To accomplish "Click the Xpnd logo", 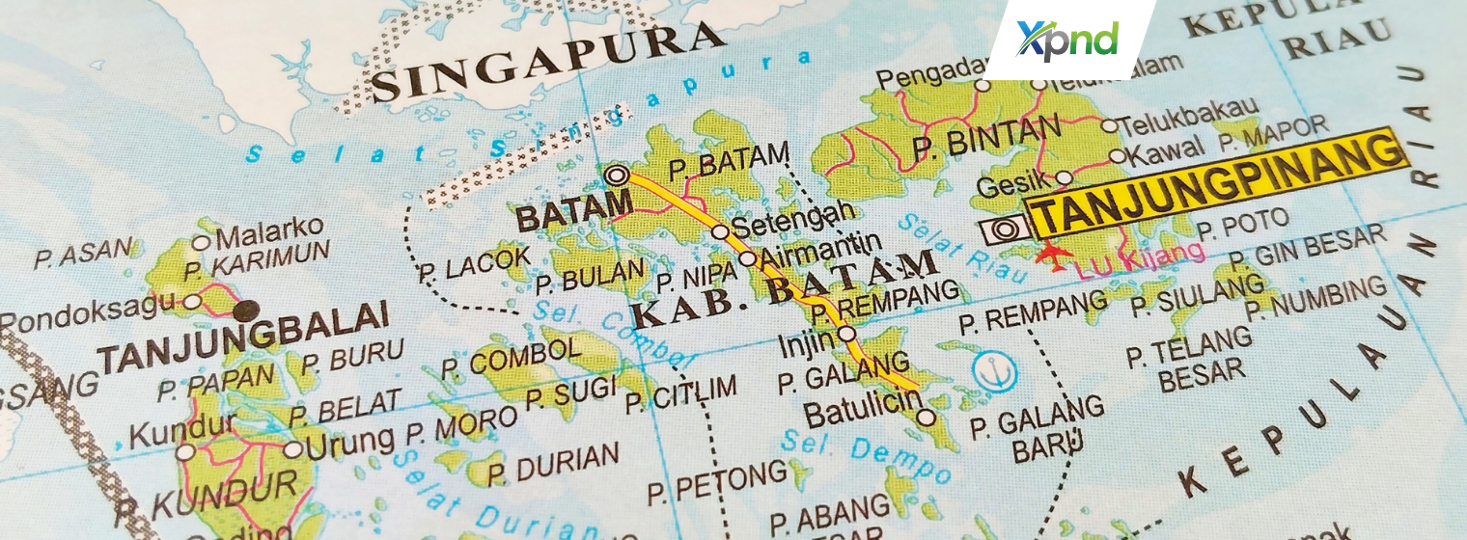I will (1067, 40).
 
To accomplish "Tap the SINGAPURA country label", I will (547, 62).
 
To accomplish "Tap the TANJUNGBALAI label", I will (244, 340).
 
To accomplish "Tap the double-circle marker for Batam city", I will (616, 175).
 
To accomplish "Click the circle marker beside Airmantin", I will (747, 258).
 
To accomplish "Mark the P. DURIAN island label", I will (553, 466).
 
